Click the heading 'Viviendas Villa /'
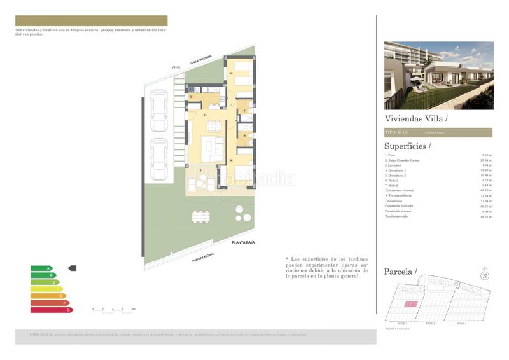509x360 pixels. pyautogui.click(x=416, y=118)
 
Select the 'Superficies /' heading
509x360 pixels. pyautogui.click(x=408, y=146)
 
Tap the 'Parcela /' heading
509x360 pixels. pyautogui.click(x=400, y=272)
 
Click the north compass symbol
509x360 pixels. pyautogui.click(x=484, y=275)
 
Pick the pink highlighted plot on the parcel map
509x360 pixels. pyautogui.click(x=411, y=305)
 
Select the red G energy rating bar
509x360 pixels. pyautogui.click(x=52, y=310)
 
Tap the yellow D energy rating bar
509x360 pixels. pyautogui.click(x=46, y=289)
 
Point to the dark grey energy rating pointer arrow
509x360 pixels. pyautogui.click(x=72, y=268)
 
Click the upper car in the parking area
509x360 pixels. pyautogui.click(x=158, y=109)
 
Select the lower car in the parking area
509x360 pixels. pyautogui.click(x=158, y=160)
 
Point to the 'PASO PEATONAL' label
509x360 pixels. pyautogui.click(x=203, y=258)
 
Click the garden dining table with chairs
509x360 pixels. pyautogui.click(x=200, y=216)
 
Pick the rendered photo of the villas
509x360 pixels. pyautogui.click(x=438, y=76)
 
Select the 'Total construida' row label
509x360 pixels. pyautogui.click(x=396, y=217)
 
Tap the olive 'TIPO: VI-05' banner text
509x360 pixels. pyautogui.click(x=396, y=132)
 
